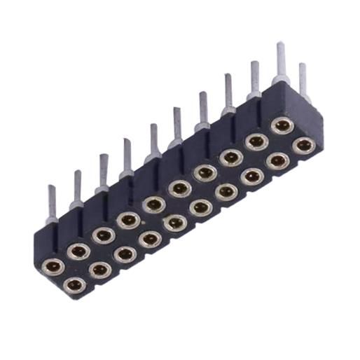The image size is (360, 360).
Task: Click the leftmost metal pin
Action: click(53, 203)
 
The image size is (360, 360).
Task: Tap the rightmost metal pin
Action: click(303, 81)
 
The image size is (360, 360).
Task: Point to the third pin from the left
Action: click(104, 172)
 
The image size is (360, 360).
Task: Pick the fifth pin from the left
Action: click(153, 141)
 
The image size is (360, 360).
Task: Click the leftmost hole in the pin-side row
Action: click(53, 265)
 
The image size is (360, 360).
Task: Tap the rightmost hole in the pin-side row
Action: click(282, 126)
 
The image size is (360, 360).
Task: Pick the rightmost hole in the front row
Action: click(303, 146)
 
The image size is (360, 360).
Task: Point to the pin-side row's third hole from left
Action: click(103, 235)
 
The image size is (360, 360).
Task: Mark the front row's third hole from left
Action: click(125, 254)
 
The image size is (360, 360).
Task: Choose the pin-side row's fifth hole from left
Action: click(153, 205)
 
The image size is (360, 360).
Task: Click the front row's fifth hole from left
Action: click(175, 223)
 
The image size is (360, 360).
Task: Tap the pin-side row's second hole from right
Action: click(256, 141)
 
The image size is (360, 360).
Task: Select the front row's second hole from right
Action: click(278, 160)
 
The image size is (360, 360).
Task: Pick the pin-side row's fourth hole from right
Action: click(205, 172)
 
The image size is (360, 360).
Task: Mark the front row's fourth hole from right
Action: click(226, 191)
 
